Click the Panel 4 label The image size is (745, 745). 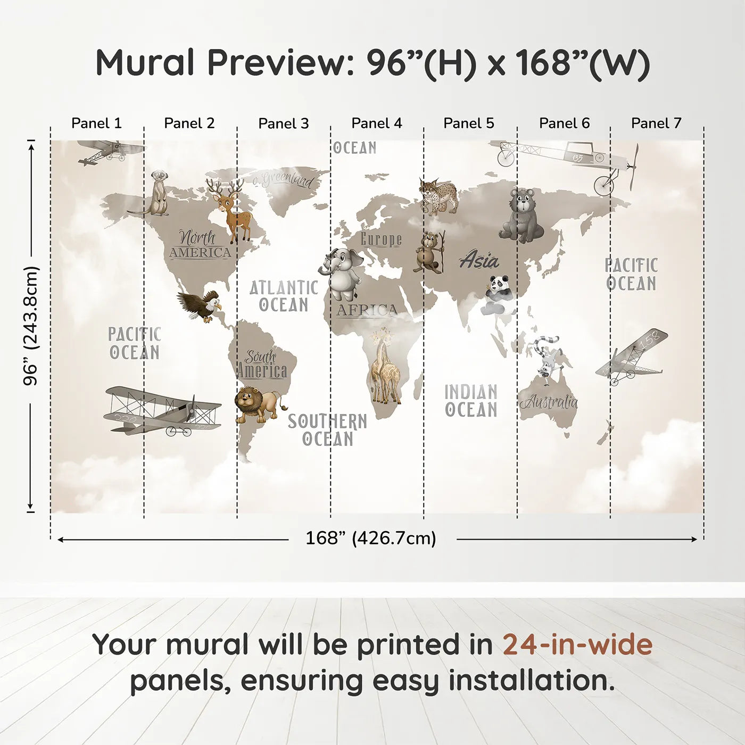point(377,123)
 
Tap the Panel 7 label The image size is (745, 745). point(656,123)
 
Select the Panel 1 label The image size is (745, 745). point(96,123)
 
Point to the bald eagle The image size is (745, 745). point(200,306)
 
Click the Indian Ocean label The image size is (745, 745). point(471,401)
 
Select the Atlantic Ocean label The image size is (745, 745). point(284,296)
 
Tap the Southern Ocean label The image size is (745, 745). point(327,430)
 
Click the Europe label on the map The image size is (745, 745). point(381,239)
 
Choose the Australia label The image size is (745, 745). point(549,402)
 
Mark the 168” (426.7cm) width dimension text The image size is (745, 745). point(370,539)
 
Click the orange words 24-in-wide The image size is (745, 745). point(577,644)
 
